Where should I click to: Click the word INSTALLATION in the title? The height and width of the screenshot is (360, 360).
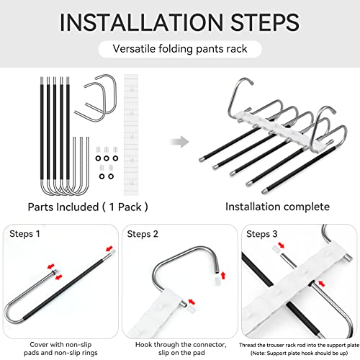tap(142, 22)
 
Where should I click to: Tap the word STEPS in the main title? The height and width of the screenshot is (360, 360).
tap(265, 22)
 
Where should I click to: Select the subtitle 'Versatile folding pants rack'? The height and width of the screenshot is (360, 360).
tap(180, 49)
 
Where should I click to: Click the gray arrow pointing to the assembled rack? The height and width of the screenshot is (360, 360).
tap(179, 142)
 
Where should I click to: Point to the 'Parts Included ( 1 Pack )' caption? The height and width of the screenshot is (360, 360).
tap(88, 207)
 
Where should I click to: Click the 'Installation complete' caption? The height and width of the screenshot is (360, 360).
tap(277, 207)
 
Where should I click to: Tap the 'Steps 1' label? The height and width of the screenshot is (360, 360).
tap(24, 234)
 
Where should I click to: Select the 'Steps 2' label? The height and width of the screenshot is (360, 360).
tap(143, 234)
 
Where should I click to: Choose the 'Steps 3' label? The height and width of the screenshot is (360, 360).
tap(262, 234)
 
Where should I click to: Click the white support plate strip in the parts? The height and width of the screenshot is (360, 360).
tap(131, 135)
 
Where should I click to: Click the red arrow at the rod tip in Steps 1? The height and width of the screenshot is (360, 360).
tap(109, 248)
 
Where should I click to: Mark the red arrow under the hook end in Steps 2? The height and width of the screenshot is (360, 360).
tap(223, 275)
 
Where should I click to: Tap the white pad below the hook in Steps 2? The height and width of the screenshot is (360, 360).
tap(218, 281)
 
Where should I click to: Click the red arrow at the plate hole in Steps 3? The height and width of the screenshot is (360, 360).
tap(322, 284)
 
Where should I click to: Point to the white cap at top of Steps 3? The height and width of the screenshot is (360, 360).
tap(276, 249)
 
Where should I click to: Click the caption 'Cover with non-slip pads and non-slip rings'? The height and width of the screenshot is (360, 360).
tap(60, 348)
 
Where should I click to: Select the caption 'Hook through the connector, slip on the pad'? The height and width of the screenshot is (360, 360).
tap(181, 348)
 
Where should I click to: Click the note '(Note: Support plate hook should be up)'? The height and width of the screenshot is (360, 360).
tap(299, 354)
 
